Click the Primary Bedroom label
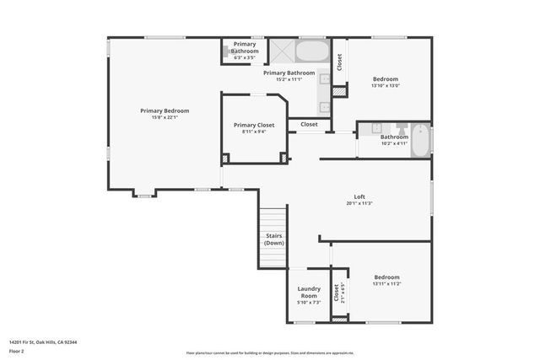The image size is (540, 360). pyautogui.click(x=165, y=111)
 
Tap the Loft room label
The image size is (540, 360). pyautogui.click(x=359, y=196)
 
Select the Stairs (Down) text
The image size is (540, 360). pyautogui.click(x=274, y=239)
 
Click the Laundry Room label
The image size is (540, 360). pyautogui.click(x=309, y=293)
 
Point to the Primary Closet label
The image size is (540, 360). pyautogui.click(x=254, y=125)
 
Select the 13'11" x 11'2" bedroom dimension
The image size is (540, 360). pyautogui.click(x=386, y=284)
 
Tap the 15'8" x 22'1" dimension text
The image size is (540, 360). pyautogui.click(x=165, y=117)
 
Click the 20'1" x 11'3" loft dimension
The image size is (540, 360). pyautogui.click(x=359, y=203)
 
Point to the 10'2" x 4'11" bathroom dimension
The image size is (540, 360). pyautogui.click(x=394, y=143)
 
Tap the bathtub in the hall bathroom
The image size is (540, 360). pyautogui.click(x=419, y=139)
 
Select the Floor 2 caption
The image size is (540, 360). pyautogui.click(x=18, y=351)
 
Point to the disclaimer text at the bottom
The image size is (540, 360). pyautogui.click(x=270, y=352)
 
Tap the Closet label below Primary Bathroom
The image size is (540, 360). pyautogui.click(x=309, y=124)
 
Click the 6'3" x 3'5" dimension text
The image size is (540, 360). pyautogui.click(x=246, y=58)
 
